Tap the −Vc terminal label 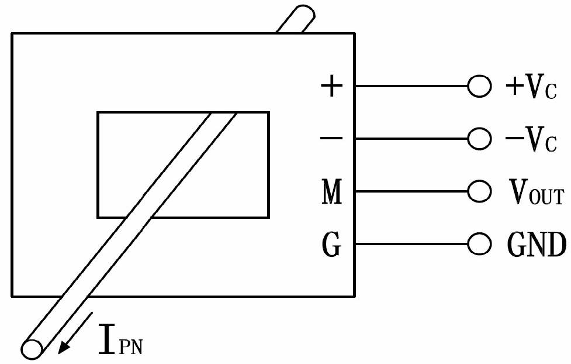(x=531, y=139)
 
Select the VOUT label (x=537, y=192)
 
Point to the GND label (x=537, y=244)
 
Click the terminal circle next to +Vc (x=479, y=86)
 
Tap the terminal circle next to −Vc (x=479, y=139)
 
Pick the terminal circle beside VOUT (x=479, y=191)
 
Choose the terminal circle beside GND (x=479, y=244)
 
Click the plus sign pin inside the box (x=331, y=87)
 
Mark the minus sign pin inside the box (x=331, y=138)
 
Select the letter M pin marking (x=332, y=191)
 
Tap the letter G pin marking (x=332, y=244)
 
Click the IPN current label (x=120, y=339)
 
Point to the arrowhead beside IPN (x=64, y=347)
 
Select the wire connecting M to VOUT (x=411, y=191)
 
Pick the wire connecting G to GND (x=411, y=244)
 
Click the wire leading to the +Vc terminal (x=411, y=86)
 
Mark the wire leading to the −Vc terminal (x=411, y=139)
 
